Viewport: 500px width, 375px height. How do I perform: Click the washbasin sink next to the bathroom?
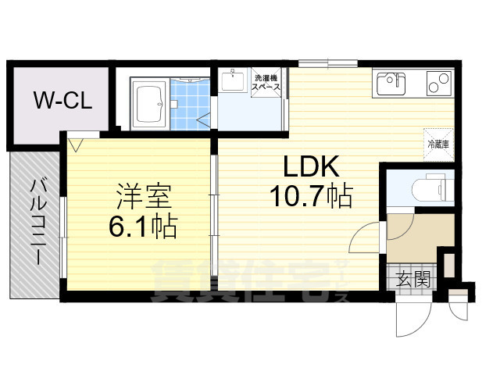pyautogui.click(x=232, y=80)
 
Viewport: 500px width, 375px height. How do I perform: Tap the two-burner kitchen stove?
pyautogui.click(x=434, y=82)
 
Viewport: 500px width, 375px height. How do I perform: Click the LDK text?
pyautogui.click(x=310, y=167)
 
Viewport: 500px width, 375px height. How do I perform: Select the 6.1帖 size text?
pyautogui.click(x=142, y=227)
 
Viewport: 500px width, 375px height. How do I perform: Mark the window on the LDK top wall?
pyautogui.click(x=327, y=62)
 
